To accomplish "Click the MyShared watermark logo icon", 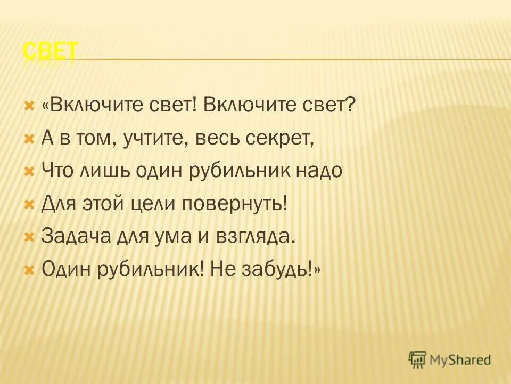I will pyautogui.click(x=418, y=359).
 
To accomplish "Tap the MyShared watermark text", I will pyautogui.click(x=460, y=360).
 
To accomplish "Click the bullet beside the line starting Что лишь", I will pyautogui.click(x=29, y=171).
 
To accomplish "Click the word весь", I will pyautogui.click(x=213, y=139).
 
